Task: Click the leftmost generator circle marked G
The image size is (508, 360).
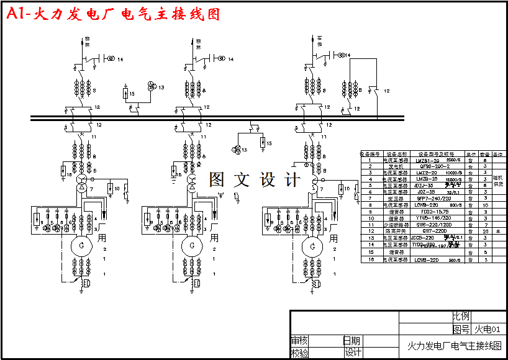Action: coord(81,247)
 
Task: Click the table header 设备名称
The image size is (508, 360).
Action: coord(396,153)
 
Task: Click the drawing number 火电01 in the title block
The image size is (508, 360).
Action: coord(487,329)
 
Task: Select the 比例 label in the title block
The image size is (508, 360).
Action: coord(461,317)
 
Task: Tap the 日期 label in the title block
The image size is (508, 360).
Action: coord(351,341)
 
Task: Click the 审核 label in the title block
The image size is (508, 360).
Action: coord(299,341)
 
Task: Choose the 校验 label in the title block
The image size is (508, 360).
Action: coord(299,353)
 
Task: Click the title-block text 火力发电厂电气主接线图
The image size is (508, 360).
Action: coord(453,346)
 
